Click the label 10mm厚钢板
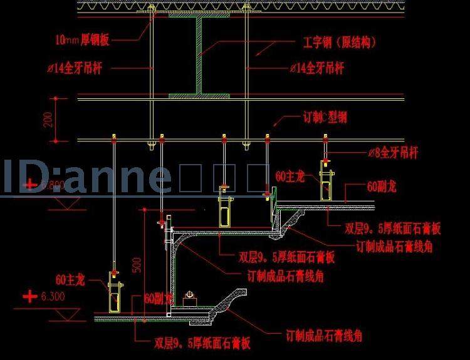point(82,41)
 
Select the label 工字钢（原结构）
point(335,43)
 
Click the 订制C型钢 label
point(325,117)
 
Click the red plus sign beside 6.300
point(29,296)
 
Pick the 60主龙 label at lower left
point(70,280)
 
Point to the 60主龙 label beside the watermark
point(291,177)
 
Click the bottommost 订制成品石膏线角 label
point(324,336)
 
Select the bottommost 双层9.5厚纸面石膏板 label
point(202,342)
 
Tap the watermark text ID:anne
point(88,177)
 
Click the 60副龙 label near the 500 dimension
point(158,299)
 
